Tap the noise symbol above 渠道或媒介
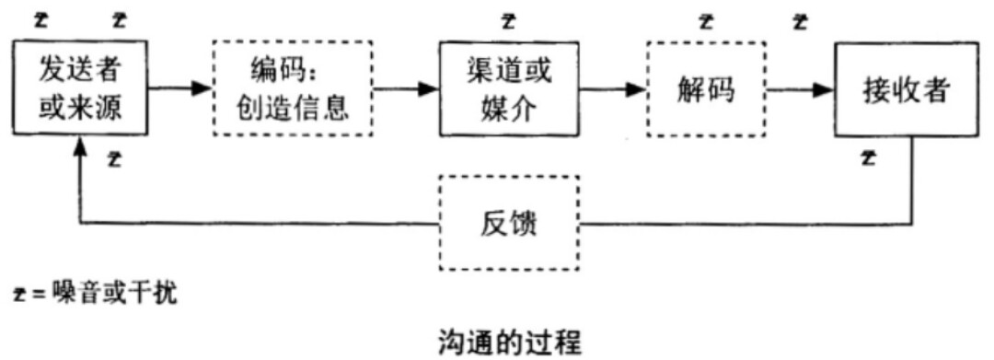(x=509, y=20)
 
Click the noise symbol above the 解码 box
(x=706, y=20)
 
